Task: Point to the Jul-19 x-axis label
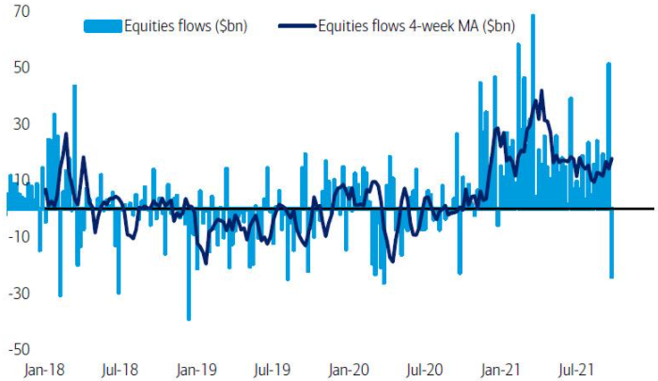click(x=272, y=370)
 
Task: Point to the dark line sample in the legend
click(x=295, y=25)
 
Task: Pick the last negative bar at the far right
click(x=612, y=244)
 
